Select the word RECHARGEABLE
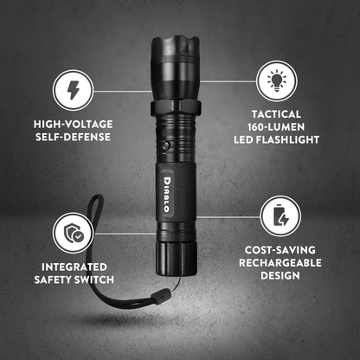[279, 262]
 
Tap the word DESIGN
[279, 276]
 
